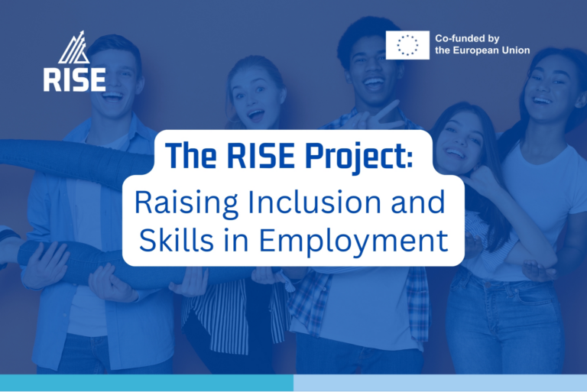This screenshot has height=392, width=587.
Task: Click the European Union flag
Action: [407, 45]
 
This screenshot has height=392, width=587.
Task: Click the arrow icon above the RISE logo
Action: [74, 47]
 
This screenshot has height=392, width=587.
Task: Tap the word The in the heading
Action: [191, 155]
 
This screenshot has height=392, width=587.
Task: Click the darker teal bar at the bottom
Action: [146, 383]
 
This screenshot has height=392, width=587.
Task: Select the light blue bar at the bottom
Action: [439, 383]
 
